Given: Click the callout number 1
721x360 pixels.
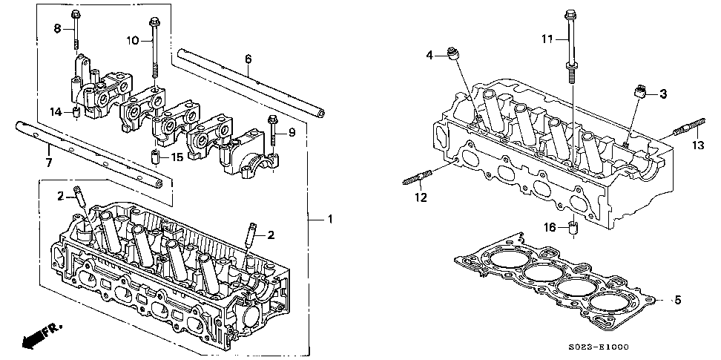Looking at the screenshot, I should pyautogui.click(x=331, y=219).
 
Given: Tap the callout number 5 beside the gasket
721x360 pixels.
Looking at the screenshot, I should pyautogui.click(x=677, y=300).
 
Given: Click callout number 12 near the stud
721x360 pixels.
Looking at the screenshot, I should pyautogui.click(x=421, y=197).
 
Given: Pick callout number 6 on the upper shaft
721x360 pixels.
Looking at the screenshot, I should pyautogui.click(x=248, y=59).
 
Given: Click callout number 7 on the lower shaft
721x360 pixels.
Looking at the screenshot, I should pyautogui.click(x=49, y=161).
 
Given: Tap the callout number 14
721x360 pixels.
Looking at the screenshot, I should pyautogui.click(x=54, y=112).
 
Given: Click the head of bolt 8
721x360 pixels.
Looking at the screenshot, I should pyautogui.click(x=76, y=15).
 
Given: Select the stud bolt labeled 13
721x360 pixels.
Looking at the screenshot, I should pyautogui.click(x=682, y=131).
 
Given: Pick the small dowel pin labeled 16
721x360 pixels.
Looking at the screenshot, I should pyautogui.click(x=572, y=226).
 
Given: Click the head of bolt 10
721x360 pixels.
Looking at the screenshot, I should pyautogui.click(x=154, y=21).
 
